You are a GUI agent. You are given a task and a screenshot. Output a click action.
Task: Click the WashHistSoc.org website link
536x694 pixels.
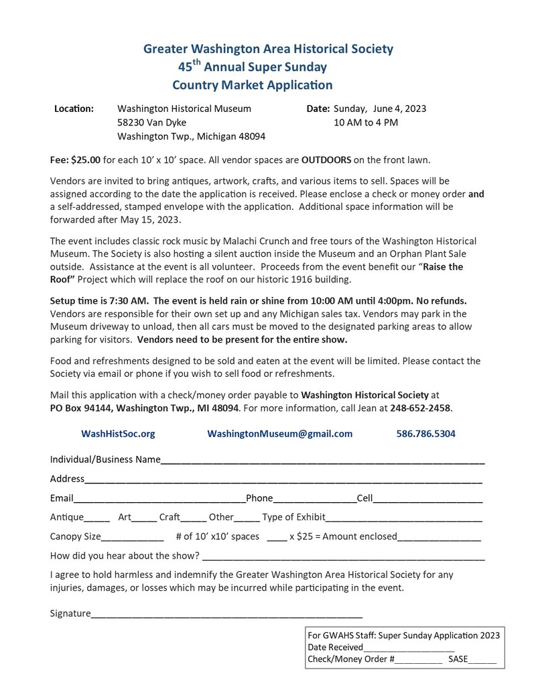pos(118,434)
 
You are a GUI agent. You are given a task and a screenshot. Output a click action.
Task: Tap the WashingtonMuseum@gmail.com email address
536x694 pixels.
pos(279,434)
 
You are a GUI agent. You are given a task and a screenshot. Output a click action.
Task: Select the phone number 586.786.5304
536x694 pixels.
pos(425,434)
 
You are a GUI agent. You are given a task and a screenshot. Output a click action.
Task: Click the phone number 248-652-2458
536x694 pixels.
pos(421,407)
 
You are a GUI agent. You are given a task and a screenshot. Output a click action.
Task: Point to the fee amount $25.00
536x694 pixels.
pos(86,160)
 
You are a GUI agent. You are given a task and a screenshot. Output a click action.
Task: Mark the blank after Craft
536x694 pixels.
pos(194,518)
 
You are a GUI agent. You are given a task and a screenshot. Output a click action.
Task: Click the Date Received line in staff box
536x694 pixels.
pos(409,648)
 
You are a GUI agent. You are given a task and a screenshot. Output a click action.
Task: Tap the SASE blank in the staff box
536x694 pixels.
pos(482,660)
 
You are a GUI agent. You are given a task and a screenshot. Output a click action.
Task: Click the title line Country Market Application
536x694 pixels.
pos(252,85)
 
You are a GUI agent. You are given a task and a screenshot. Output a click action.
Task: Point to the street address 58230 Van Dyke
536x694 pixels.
pos(152,122)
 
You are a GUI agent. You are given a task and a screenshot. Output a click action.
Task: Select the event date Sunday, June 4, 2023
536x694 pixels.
pos(379,109)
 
